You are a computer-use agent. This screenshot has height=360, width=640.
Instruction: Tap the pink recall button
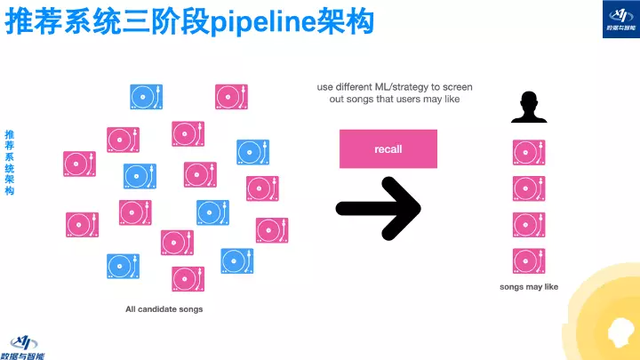pos(388,148)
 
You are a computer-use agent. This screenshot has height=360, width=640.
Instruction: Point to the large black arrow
pos(378,208)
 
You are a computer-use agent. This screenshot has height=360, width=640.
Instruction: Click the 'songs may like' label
pos(529,287)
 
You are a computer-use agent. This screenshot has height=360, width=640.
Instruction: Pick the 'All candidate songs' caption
pos(164,309)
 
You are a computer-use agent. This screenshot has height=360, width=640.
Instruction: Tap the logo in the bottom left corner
pos(27,345)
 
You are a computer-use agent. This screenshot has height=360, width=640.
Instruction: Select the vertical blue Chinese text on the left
pos(10,162)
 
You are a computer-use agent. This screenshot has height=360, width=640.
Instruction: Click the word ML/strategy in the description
pos(398,87)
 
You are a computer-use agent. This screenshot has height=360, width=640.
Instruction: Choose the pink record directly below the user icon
pos(529,152)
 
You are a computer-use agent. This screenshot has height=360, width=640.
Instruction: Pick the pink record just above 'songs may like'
pos(529,261)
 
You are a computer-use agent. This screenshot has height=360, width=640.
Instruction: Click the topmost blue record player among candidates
pos(147,97)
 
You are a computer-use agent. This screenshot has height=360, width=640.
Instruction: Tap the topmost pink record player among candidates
pos(231,97)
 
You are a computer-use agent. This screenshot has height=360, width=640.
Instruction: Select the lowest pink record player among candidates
pos(188,279)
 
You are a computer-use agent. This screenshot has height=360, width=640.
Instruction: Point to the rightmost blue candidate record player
pos(253,152)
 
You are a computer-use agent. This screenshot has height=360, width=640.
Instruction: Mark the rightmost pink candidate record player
pos(272,229)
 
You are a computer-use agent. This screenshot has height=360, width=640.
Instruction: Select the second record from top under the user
pos(529,188)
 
